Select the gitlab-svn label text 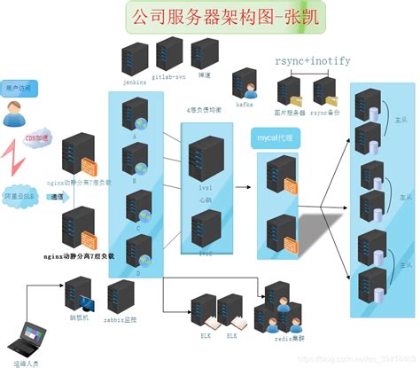point(168,78)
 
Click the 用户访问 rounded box point(18,89)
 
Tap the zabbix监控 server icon point(119,296)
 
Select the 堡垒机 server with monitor point(78,295)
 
